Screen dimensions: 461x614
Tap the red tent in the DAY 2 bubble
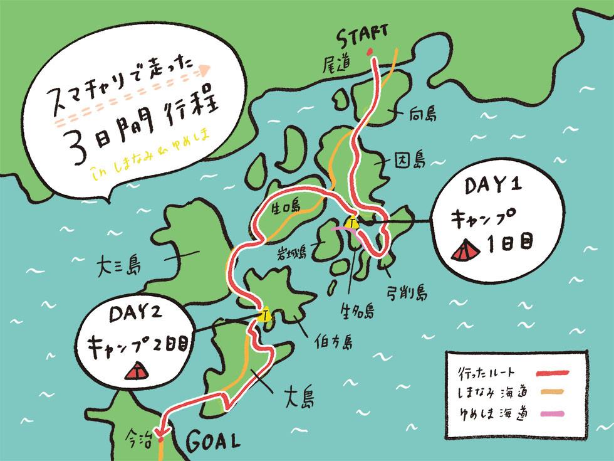tap(137, 371)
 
